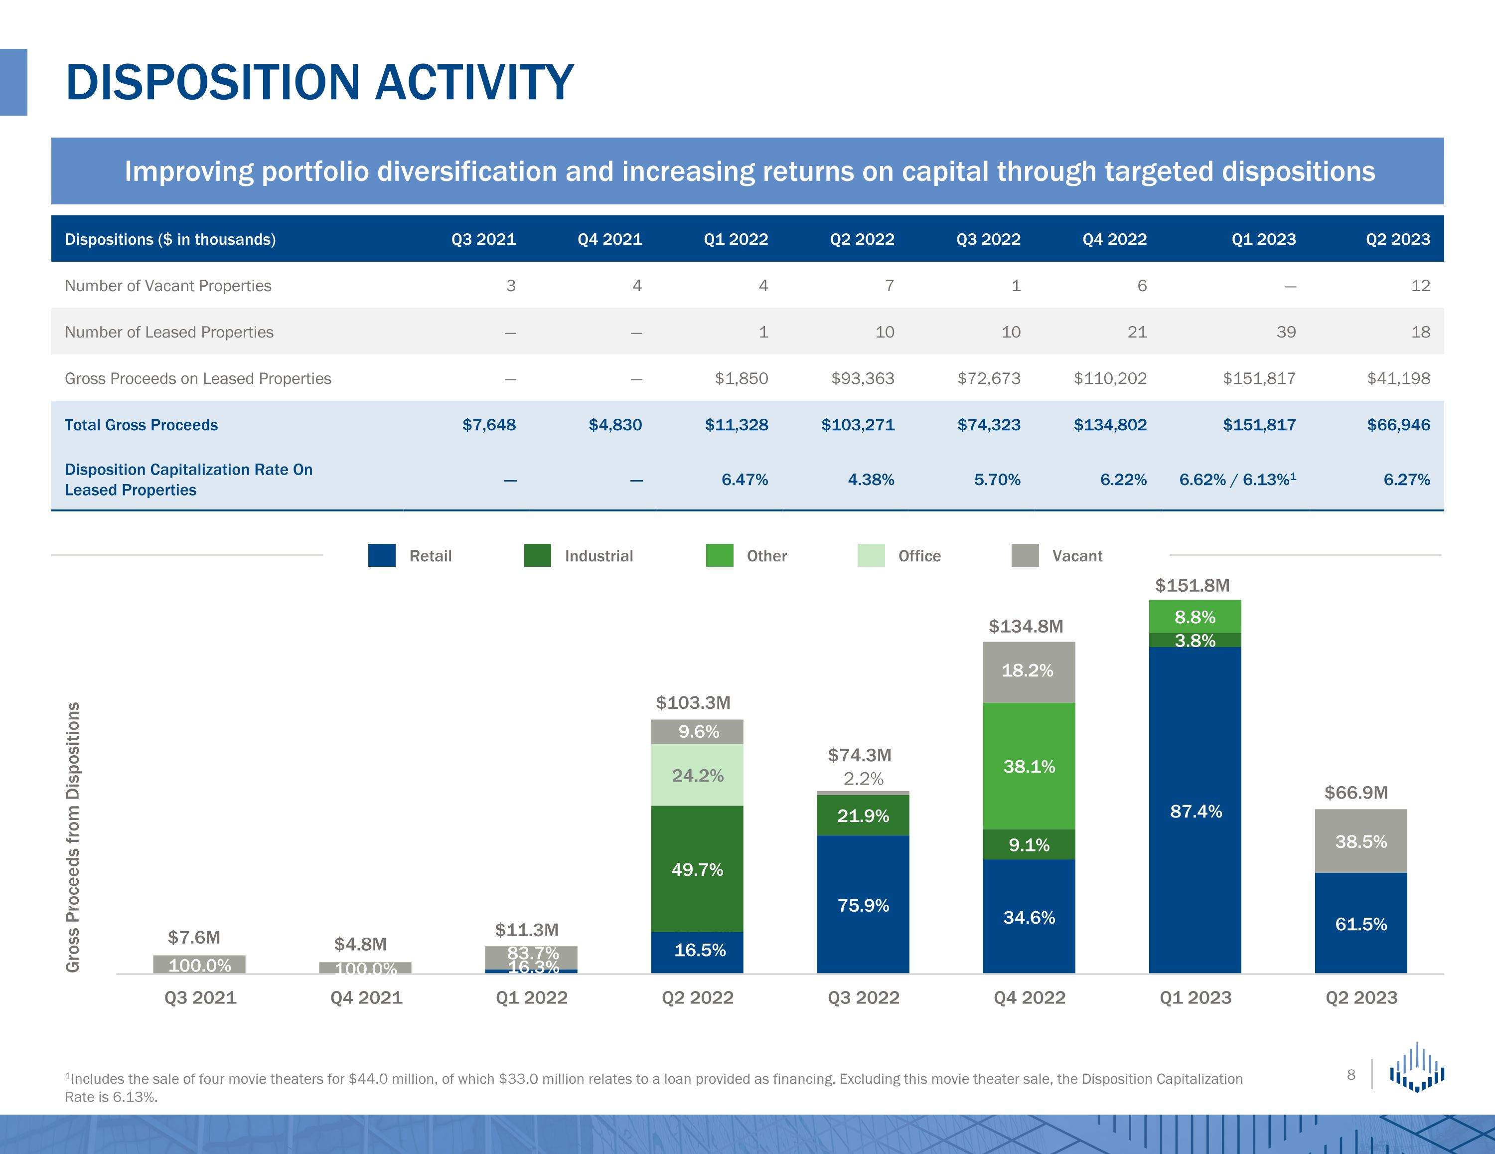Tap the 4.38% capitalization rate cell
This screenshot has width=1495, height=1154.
[x=871, y=480]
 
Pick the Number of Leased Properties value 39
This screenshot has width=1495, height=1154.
[x=1286, y=332]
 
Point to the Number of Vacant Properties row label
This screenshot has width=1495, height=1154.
[x=168, y=286]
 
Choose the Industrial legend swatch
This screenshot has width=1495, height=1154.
[x=537, y=555]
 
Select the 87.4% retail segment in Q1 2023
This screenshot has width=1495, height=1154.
[x=1195, y=812]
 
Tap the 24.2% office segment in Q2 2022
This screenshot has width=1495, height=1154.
[x=697, y=775]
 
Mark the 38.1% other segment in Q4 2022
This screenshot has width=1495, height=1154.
[x=1029, y=766]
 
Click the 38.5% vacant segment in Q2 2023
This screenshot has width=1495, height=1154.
[x=1361, y=842]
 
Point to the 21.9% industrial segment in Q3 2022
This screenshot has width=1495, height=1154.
[x=863, y=816]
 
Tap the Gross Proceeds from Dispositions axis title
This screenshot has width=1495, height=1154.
[x=73, y=837]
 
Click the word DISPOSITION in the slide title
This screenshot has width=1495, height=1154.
[x=212, y=82]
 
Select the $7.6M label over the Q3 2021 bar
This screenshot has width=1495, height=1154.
[x=194, y=937]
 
